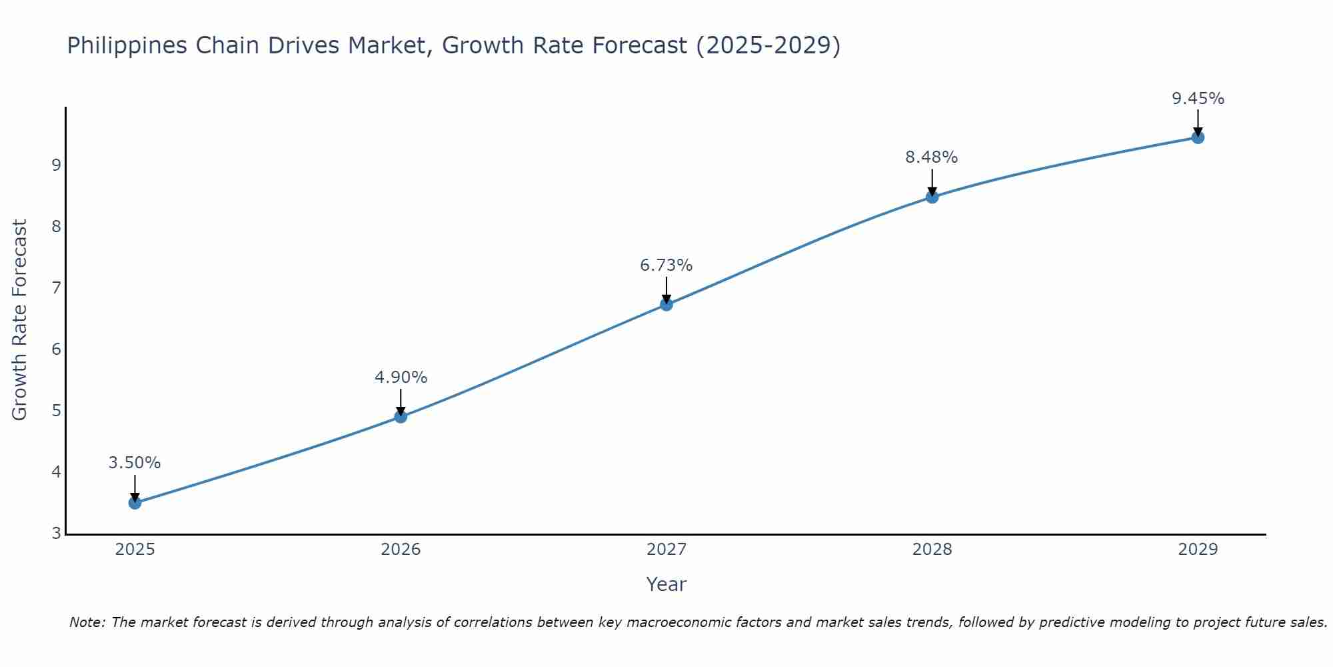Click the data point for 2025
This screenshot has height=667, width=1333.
(x=135, y=503)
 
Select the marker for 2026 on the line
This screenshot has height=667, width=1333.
(x=401, y=417)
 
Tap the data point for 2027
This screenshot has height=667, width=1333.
(x=666, y=305)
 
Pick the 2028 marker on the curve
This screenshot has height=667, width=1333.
(x=932, y=197)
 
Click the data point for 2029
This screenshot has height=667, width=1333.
(x=1198, y=137)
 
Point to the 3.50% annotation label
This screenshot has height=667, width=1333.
(x=135, y=463)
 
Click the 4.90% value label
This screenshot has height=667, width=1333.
(x=401, y=378)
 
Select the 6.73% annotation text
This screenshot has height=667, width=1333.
(x=666, y=265)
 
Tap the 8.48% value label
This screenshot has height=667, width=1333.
(x=931, y=157)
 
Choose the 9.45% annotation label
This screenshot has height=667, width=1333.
(x=1198, y=99)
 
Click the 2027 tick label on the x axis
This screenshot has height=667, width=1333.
(x=666, y=550)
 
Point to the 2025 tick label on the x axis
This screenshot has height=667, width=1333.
(x=135, y=550)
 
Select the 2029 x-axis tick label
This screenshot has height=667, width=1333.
(x=1198, y=550)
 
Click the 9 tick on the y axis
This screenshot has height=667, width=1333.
(x=56, y=165)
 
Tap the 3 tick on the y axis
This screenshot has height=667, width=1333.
(x=56, y=534)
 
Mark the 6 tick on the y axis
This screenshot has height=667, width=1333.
(x=56, y=350)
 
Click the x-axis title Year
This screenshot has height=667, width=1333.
(x=666, y=584)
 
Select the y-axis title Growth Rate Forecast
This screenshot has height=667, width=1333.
(x=20, y=320)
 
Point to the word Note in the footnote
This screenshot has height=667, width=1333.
(x=87, y=622)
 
